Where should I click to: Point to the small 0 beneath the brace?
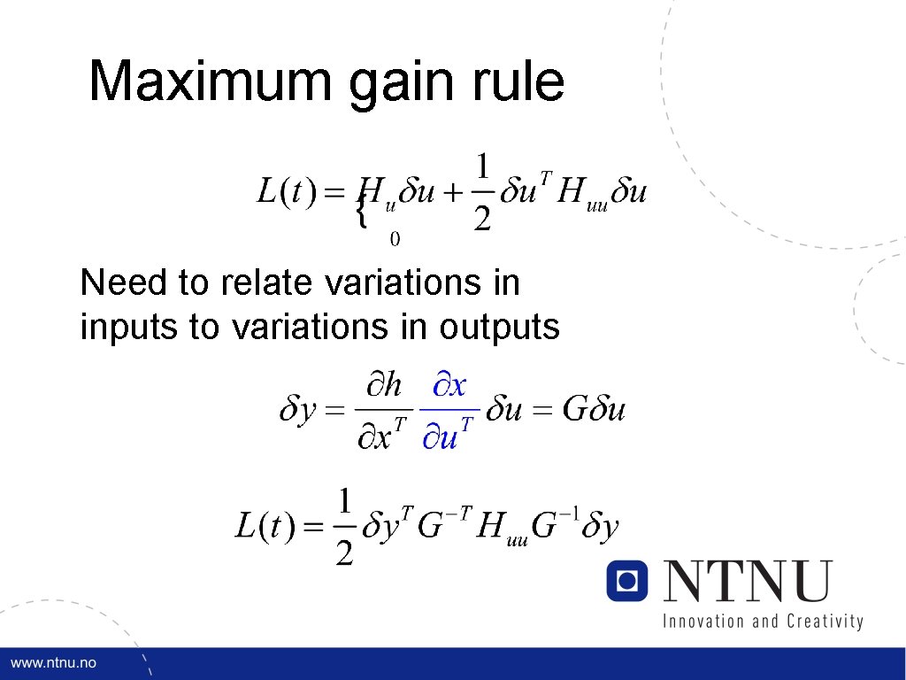[x=395, y=239]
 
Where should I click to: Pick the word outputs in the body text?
[x=499, y=328]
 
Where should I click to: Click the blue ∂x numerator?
[x=449, y=386]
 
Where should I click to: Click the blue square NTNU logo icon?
[x=627, y=580]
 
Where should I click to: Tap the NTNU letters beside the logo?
[x=749, y=580]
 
